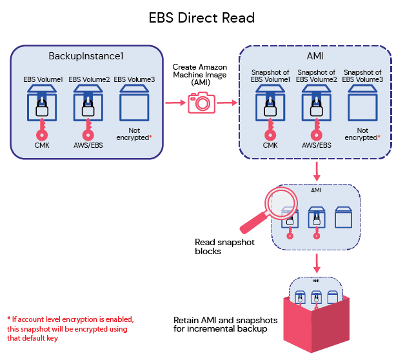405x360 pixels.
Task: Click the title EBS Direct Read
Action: point(202,17)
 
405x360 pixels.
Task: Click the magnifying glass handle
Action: point(253,221)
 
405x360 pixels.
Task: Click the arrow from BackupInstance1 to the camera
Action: point(174,103)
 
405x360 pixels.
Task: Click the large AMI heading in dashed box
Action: point(315,56)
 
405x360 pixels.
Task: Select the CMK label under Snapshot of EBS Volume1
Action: point(272,145)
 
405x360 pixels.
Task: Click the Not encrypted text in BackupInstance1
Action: point(132,134)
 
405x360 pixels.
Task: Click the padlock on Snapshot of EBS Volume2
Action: point(317,109)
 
